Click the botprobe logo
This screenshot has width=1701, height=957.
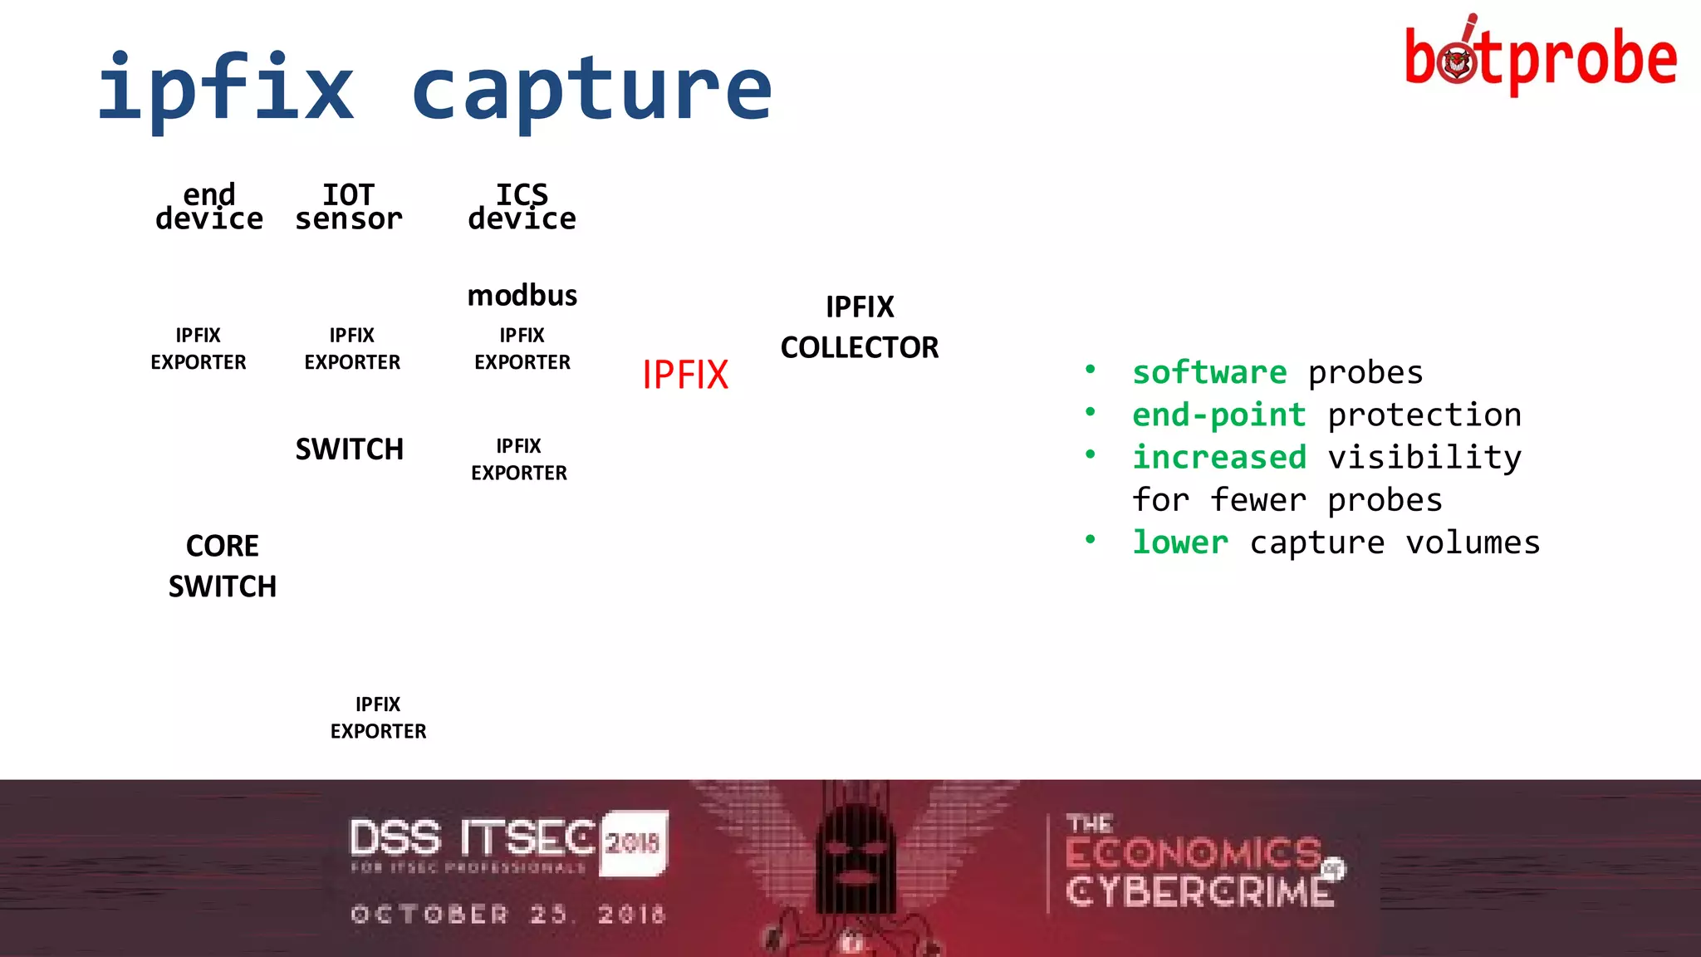1540,56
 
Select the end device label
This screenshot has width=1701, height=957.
209,207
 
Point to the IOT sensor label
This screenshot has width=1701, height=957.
349,207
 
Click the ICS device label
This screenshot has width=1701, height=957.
522,207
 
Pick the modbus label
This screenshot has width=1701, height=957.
522,296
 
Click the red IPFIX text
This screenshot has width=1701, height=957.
685,375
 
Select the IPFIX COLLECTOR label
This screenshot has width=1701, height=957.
860,327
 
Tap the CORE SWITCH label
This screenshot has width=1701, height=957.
223,566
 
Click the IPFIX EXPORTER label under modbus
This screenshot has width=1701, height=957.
522,349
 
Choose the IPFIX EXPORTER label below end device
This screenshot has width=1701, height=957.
199,349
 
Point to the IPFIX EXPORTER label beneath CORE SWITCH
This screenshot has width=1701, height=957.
378,718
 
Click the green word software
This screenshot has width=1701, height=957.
1209,373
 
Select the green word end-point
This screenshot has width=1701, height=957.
1218,415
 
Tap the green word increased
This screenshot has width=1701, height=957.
1218,457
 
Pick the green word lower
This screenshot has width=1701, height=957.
1180,542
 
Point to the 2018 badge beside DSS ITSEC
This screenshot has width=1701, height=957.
633,842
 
